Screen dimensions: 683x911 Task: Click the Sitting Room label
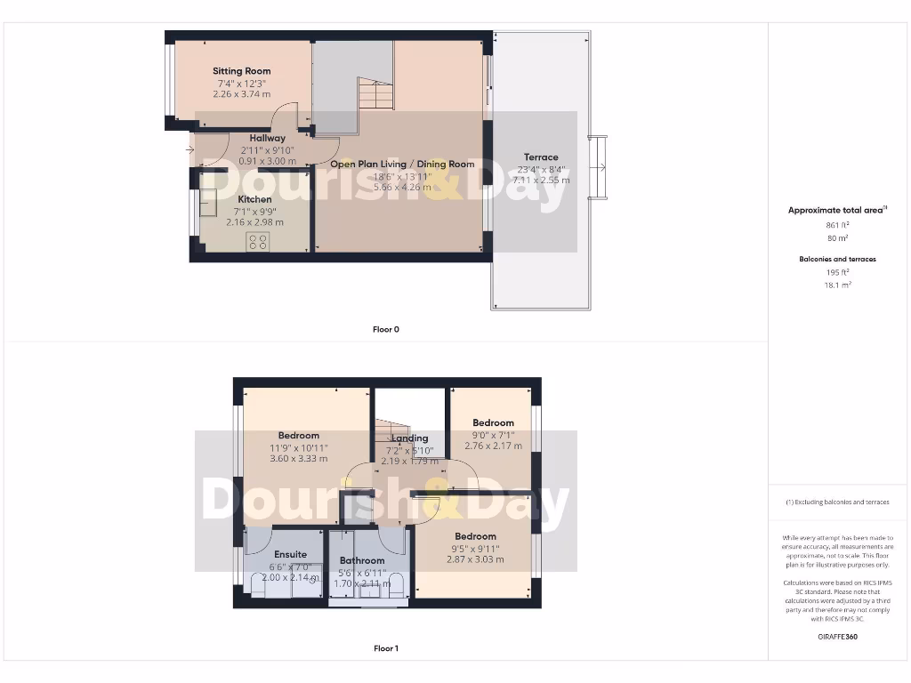241,71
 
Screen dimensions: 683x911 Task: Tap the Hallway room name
267,139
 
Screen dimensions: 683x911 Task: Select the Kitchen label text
254,200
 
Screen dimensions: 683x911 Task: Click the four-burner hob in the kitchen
258,241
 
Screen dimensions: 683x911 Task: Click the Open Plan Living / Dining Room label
402,165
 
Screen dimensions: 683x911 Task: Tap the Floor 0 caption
385,330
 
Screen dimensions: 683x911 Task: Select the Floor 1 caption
385,649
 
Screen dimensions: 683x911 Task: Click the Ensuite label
290,555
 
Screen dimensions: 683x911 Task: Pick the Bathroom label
362,561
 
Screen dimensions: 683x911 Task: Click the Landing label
409,438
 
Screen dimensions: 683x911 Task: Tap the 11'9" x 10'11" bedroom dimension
298,447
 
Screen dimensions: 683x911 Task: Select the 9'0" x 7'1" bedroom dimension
493,435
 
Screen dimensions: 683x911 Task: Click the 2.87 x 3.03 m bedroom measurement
475,559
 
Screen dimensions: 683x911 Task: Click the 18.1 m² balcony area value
838,285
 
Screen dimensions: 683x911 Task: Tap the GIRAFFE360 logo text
838,637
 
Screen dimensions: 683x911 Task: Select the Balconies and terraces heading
838,260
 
